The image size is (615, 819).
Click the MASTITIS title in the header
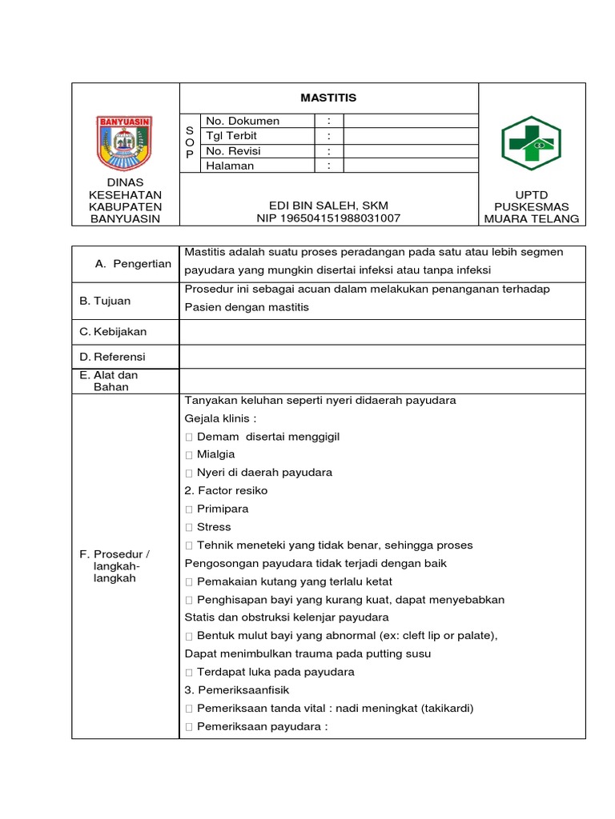pos(328,98)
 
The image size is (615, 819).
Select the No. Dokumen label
pos(243,121)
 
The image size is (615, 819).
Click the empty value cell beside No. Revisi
pos(410,151)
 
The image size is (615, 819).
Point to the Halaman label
pos(230,166)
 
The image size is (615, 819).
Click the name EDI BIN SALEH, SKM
pos(328,206)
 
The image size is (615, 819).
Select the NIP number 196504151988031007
pos(328,218)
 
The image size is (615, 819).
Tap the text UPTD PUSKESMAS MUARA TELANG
pos(531,206)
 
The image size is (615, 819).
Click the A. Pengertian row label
pos(133,263)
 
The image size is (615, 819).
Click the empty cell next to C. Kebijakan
pos(383,331)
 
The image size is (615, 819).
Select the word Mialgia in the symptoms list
pos(215,454)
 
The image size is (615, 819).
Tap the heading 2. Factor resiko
pos(226,490)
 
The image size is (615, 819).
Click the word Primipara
pos(223,509)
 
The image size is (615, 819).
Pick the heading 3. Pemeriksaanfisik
pos(237,689)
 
